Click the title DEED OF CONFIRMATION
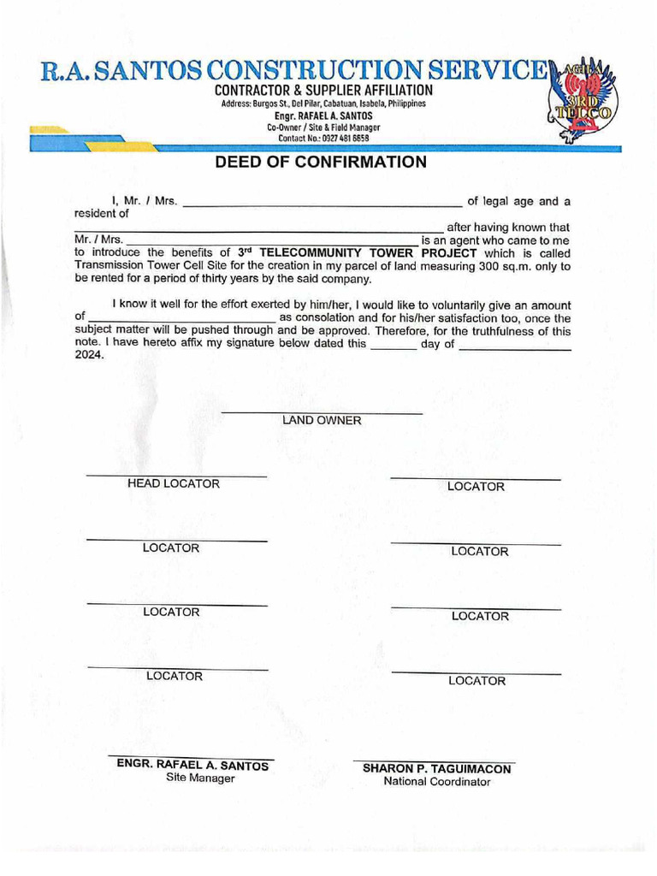321,163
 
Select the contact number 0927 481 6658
323,139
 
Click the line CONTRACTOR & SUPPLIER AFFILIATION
323,91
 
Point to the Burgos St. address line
323,104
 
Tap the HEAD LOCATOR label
174,484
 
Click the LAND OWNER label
322,420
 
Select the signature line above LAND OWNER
322,413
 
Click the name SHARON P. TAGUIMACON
436,769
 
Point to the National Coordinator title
436,782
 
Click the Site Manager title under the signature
200,778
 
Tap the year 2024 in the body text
88,356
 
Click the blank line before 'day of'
394,349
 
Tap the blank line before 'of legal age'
323,206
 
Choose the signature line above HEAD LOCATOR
176,475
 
